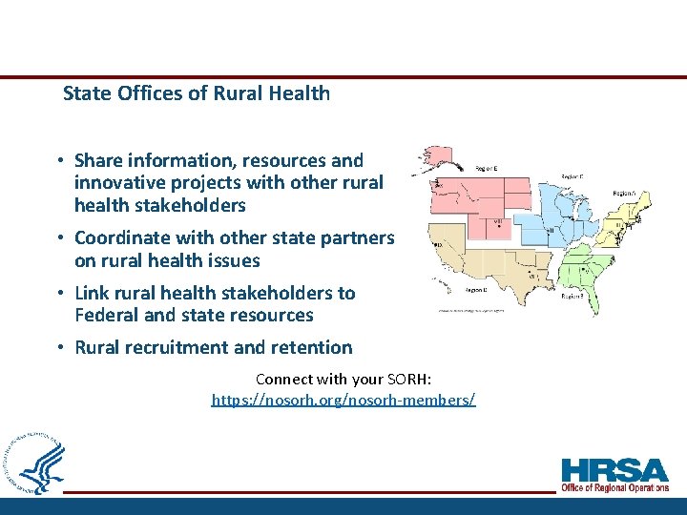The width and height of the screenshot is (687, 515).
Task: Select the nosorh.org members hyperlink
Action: (x=343, y=399)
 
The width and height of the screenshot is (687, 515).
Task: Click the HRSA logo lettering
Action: (x=615, y=470)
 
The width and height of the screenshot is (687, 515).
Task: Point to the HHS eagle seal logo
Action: (x=36, y=464)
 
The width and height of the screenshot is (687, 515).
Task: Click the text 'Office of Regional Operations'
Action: (x=615, y=488)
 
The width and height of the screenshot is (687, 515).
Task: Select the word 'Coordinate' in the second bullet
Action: (x=121, y=237)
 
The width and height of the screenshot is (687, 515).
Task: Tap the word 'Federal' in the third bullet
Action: (x=106, y=315)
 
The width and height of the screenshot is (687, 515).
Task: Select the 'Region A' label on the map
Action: (x=625, y=190)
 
